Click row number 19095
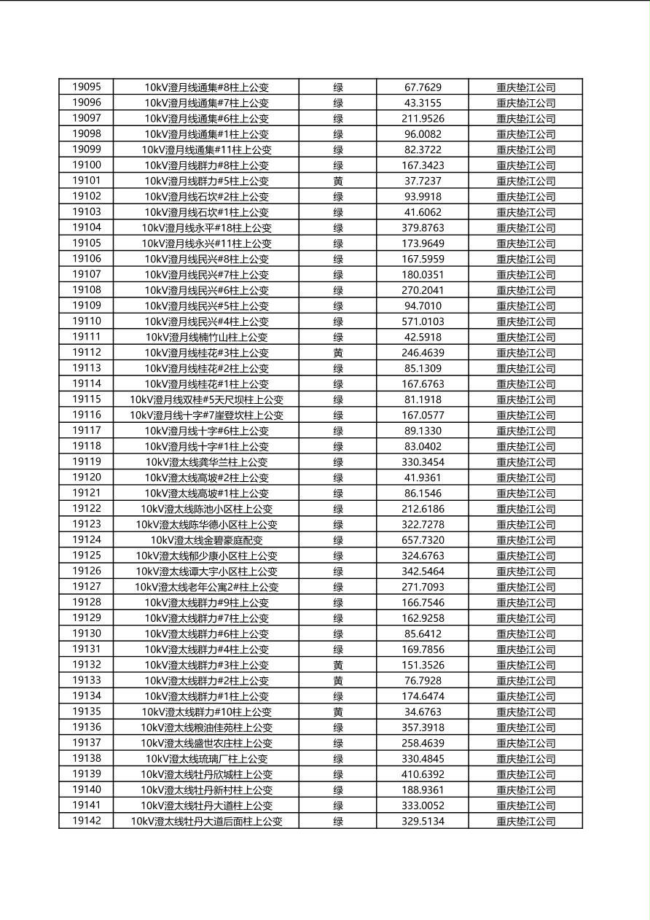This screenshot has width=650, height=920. tap(86, 87)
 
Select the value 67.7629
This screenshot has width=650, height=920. tap(423, 87)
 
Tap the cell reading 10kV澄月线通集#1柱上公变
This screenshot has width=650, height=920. tap(206, 134)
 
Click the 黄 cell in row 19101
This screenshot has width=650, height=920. tap(338, 181)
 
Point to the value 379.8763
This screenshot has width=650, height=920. tap(423, 227)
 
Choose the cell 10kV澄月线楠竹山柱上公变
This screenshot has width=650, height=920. tap(206, 337)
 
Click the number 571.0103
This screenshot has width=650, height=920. tap(423, 321)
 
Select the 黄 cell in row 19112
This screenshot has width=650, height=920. tap(338, 353)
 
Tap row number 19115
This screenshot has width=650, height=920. tap(86, 399)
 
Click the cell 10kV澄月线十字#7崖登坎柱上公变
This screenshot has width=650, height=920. tap(206, 416)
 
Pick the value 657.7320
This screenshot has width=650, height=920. tap(423, 540)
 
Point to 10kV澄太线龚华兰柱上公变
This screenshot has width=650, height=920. tap(206, 462)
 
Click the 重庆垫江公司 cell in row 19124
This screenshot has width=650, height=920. tap(525, 540)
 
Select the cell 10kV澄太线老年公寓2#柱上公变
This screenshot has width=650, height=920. tap(206, 587)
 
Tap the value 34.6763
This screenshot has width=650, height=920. tap(423, 712)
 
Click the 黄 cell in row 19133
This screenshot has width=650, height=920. tap(338, 681)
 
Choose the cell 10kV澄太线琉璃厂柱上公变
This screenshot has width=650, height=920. tap(206, 759)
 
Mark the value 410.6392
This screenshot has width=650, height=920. tap(423, 774)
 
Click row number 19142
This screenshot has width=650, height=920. tap(86, 821)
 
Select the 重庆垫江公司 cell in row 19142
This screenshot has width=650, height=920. tap(525, 822)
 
